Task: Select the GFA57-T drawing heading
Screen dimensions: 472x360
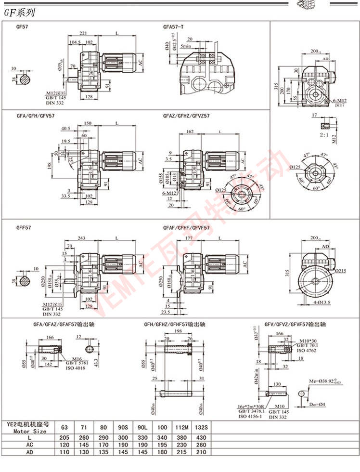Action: tap(173, 27)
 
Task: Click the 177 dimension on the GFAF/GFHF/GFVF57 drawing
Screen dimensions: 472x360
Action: tap(189, 238)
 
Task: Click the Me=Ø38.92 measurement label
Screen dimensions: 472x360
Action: tap(327, 381)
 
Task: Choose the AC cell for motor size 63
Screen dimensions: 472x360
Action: tap(64, 445)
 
